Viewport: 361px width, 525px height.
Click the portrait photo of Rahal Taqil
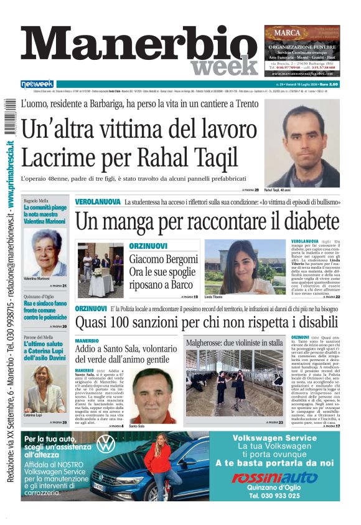[302, 142]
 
